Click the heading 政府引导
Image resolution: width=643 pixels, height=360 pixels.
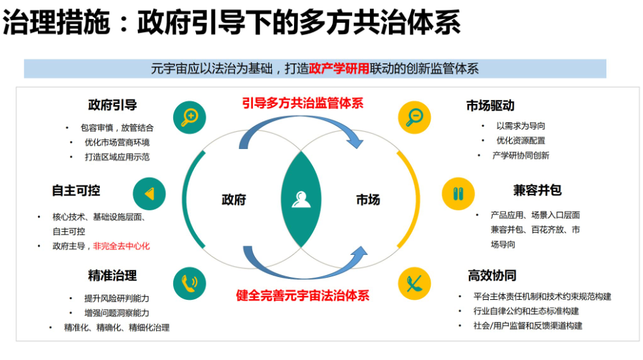point(112,105)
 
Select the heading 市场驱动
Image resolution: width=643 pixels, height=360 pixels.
point(490,105)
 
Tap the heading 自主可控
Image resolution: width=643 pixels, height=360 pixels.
point(76,190)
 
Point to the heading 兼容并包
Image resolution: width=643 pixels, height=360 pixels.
point(537,190)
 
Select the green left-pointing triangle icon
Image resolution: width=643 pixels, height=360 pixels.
point(149,194)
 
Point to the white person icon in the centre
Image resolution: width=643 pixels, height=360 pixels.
point(302,199)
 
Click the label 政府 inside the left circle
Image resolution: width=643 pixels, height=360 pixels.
point(234,200)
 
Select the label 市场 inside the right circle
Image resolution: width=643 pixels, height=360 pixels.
point(368,200)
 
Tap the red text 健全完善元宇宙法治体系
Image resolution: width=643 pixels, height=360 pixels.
point(303,295)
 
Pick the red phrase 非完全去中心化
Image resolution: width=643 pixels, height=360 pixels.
point(122,246)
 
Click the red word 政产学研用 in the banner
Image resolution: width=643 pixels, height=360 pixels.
point(339,69)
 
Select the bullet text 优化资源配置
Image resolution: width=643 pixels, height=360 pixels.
point(521,140)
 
